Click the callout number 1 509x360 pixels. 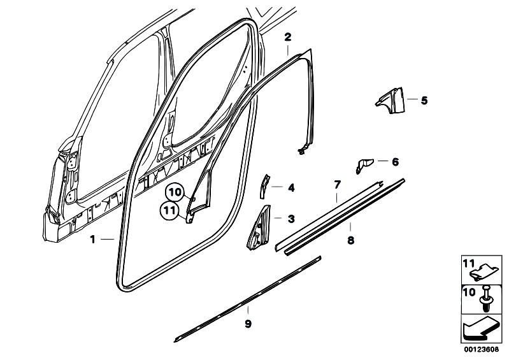[93, 240]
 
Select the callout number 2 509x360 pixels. [287, 37]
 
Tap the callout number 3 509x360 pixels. [291, 219]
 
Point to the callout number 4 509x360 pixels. [291, 187]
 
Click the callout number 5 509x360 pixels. [424, 100]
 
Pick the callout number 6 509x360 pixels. [395, 162]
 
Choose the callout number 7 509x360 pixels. [337, 185]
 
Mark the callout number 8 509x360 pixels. [350, 240]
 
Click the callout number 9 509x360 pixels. [248, 324]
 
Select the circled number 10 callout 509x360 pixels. [176, 192]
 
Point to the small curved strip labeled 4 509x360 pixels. [264, 186]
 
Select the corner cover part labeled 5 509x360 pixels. [392, 100]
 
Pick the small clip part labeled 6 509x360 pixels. [364, 165]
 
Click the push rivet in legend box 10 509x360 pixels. [485, 299]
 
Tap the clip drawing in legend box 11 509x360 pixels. [484, 272]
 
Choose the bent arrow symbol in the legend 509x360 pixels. [480, 329]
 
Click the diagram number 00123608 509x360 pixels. [481, 350]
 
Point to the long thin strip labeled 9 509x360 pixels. [247, 299]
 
